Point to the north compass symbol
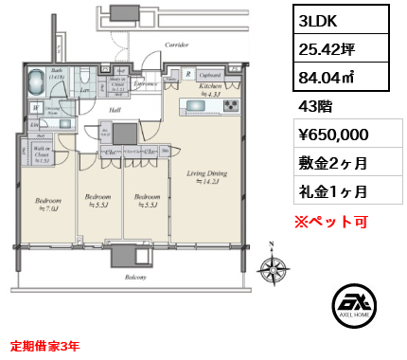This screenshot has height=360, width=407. point(276,268)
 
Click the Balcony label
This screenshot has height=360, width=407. point(133,278)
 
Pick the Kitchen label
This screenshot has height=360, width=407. point(210,87)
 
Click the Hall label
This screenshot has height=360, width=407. point(114,111)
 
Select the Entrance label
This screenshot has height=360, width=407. point(146,84)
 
